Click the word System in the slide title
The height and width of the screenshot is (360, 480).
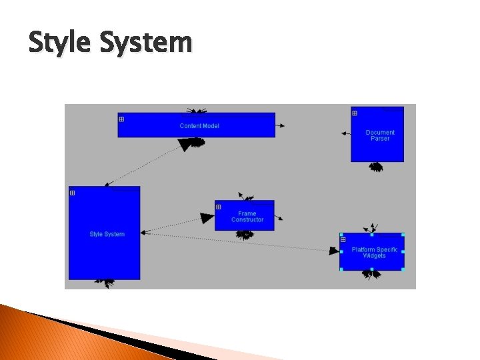[145, 43]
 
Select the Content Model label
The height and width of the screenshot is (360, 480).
[199, 126]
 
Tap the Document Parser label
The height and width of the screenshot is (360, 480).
[380, 135]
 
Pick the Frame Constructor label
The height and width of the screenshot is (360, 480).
[247, 217]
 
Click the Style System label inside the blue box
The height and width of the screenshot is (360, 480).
[107, 234]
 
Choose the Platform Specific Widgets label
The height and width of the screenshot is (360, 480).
[374, 253]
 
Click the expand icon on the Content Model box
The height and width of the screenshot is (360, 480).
[121, 119]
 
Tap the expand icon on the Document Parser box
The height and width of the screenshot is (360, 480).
[355, 113]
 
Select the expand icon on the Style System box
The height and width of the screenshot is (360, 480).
[72, 193]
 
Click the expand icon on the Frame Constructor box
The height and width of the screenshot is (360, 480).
[218, 207]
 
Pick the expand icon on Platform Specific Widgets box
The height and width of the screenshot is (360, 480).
[343, 240]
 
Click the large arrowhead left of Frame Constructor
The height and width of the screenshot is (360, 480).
[207, 218]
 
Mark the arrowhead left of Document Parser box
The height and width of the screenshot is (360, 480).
[344, 133]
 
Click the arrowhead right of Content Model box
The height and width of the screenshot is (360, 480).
[281, 125]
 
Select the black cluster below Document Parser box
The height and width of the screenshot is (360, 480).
[376, 167]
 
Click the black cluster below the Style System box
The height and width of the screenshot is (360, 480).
[105, 283]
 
